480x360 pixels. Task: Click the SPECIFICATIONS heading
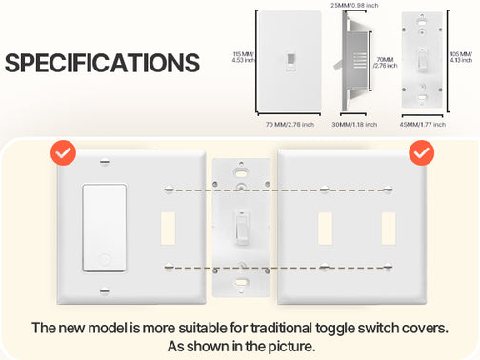pos(102,63)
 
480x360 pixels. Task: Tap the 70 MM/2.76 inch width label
pos(290,125)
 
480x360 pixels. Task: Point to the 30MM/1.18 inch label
pos(354,125)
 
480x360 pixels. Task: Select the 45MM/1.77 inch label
pos(423,125)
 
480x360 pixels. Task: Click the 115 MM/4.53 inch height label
pos(243,57)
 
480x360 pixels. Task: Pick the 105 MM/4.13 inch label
pos(461,57)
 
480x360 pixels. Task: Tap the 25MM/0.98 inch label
pos(354,5)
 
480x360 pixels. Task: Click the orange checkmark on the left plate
pos(63,152)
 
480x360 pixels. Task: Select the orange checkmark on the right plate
pos(422,152)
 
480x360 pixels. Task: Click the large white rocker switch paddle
pos(105,228)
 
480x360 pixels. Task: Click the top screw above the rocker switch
pos(105,162)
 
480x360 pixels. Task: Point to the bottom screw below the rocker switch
pos(105,290)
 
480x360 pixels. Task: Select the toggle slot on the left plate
pos(169,229)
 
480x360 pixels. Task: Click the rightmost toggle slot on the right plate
pos(389,229)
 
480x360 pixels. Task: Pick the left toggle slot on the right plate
pos(325,229)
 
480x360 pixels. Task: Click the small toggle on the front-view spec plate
pos(290,61)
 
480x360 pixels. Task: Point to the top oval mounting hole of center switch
pos(241,173)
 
